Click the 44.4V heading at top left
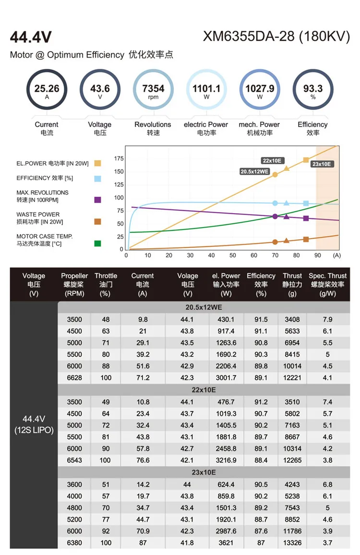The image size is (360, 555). pyautogui.click(x=31, y=37)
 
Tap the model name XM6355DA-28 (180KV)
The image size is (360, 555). pyautogui.click(x=276, y=37)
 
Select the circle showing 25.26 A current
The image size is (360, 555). pyautogui.click(x=47, y=90)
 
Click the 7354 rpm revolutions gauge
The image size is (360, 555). pyautogui.click(x=153, y=90)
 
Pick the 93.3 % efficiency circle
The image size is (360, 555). pyautogui.click(x=313, y=90)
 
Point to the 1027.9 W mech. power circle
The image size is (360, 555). pyautogui.click(x=260, y=90)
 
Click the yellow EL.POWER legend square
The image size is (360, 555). pyautogui.click(x=98, y=163)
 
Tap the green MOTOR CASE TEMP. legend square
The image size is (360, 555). pyautogui.click(x=98, y=243)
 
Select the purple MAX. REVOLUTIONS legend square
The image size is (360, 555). pyautogui.click(x=98, y=200)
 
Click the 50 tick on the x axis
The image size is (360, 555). pyautogui.click(x=232, y=255)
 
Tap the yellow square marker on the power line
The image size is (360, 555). pyautogui.click(x=306, y=160)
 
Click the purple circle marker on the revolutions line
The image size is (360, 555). pyautogui.click(x=275, y=217)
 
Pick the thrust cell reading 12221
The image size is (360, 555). pyautogui.click(x=292, y=377)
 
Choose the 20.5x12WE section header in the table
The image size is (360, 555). pyautogui.click(x=204, y=307)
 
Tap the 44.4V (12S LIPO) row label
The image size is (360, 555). pyautogui.click(x=34, y=424)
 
